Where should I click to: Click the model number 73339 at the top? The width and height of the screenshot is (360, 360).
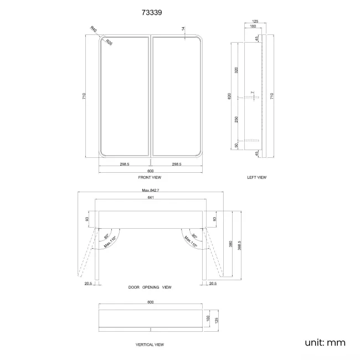(x=152, y=12)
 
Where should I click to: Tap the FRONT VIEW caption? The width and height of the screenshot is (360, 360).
(x=150, y=177)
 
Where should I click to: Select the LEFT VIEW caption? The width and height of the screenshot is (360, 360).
(x=256, y=177)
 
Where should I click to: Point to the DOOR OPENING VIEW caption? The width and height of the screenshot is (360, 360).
(x=150, y=287)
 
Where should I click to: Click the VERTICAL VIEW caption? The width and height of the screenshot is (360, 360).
(x=150, y=344)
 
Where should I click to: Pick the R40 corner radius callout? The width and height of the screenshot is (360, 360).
(x=94, y=29)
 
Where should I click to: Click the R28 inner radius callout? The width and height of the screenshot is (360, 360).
(x=109, y=42)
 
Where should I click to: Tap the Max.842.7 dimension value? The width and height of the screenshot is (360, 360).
(x=151, y=190)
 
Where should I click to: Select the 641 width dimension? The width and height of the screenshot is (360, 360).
(x=151, y=197)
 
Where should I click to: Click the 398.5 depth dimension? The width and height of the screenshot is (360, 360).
(x=239, y=245)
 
